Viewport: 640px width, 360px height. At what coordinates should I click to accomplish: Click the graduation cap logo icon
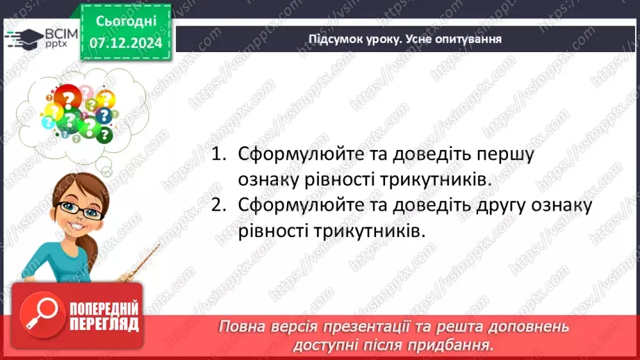click(22, 37)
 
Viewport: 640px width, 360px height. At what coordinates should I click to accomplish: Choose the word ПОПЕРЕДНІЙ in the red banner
click(104, 309)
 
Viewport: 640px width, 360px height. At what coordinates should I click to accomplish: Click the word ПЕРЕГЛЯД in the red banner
click(104, 324)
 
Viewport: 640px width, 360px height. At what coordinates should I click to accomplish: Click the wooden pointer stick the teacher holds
click(142, 263)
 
